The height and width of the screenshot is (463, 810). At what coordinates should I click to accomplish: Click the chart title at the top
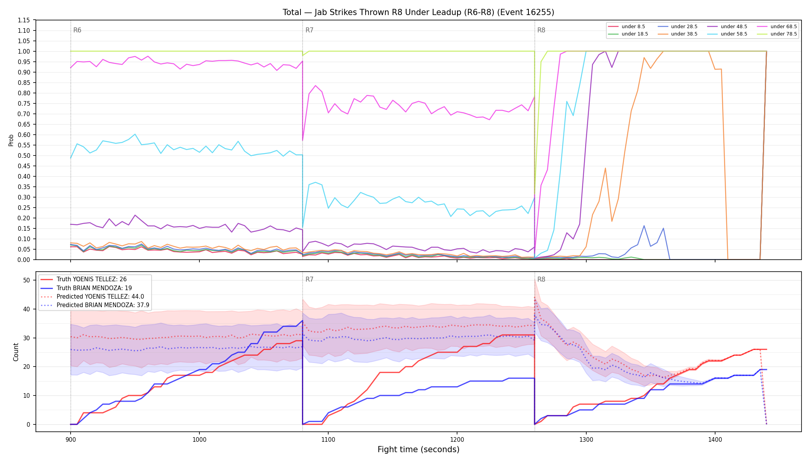tap(418, 12)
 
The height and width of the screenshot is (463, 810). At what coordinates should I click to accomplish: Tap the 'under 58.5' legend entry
tap(727, 34)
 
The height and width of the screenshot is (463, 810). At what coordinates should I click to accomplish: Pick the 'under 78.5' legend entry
tap(777, 34)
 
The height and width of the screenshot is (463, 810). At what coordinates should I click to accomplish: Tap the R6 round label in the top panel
tap(77, 30)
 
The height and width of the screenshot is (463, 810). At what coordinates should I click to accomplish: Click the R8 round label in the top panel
tap(541, 30)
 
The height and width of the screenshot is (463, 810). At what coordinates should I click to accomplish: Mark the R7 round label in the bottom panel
tap(309, 279)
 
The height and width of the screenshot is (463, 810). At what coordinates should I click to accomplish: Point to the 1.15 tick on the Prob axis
tap(24, 20)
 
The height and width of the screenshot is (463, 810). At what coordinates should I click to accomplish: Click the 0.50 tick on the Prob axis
tap(24, 155)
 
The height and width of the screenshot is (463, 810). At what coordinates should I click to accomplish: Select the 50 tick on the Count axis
tap(27, 280)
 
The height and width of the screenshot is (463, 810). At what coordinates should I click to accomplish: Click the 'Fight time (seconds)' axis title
tap(418, 449)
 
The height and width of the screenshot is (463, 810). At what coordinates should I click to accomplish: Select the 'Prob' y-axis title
tap(11, 140)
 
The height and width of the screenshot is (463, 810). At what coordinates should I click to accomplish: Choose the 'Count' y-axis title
tap(16, 352)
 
